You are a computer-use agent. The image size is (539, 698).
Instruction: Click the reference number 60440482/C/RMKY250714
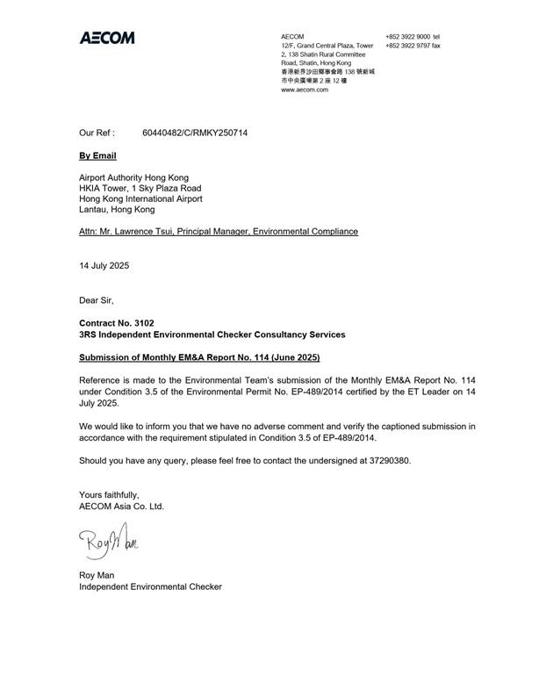pos(195,134)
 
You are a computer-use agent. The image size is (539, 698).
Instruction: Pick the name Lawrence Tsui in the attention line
pos(155,232)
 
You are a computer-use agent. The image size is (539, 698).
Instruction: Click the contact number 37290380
pos(388,460)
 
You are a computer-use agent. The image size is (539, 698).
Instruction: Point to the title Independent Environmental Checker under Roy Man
pos(150,586)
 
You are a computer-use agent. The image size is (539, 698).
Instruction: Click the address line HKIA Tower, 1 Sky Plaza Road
pos(140,188)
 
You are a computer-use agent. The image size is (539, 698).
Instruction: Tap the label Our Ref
pos(97,134)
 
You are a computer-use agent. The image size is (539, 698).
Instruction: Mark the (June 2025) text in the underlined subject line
pos(290,357)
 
